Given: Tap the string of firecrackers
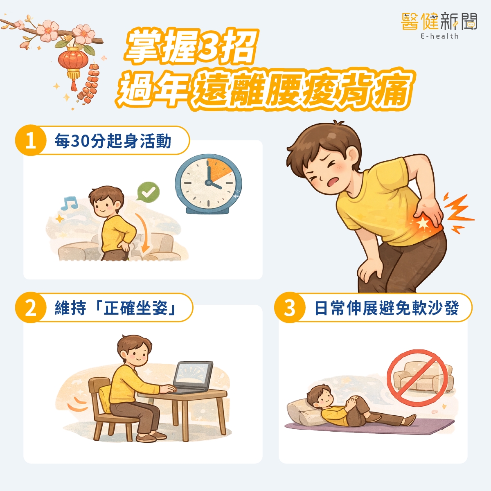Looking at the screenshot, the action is point(89,83).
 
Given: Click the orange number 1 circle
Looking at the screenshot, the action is point(31,140).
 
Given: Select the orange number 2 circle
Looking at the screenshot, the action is point(31,308).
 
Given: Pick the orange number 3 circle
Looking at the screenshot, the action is point(290,308).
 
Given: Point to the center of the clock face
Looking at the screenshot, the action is point(209,182).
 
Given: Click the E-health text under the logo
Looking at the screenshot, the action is point(439,36).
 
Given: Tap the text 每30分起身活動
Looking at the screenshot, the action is point(113,141).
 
